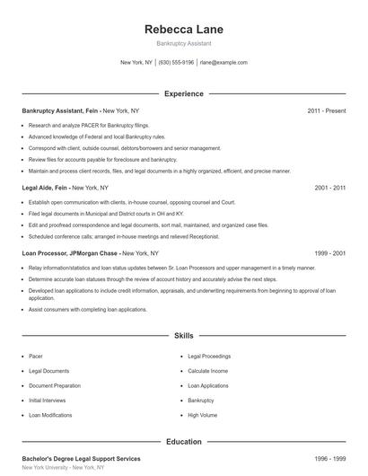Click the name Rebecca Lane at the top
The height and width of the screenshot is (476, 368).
(183, 30)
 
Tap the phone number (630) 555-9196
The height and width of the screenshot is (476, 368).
(177, 63)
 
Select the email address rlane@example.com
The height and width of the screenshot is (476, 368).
(223, 63)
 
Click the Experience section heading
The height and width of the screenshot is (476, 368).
(183, 93)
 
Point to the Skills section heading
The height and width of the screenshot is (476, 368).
(183, 335)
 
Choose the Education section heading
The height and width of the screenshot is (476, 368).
(183, 442)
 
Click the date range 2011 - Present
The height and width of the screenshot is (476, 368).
(326, 110)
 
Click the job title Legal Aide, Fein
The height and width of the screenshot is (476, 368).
(45, 188)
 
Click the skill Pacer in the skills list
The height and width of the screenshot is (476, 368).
(36, 357)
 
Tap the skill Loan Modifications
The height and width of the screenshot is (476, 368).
(49, 415)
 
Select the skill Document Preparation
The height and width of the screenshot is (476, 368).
(55, 385)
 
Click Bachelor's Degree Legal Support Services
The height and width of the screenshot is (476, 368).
(81, 459)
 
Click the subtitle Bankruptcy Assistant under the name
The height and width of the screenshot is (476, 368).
(183, 43)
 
